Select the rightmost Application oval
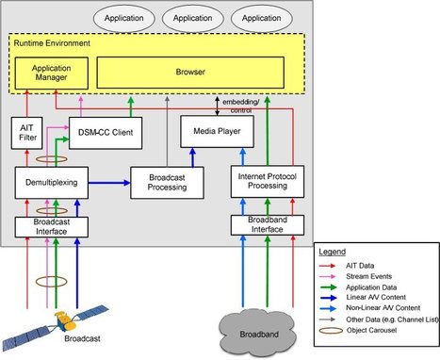pyautogui.click(x=259, y=18)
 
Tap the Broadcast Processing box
pyautogui.click(x=167, y=182)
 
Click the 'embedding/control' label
pyautogui.click(x=244, y=104)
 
